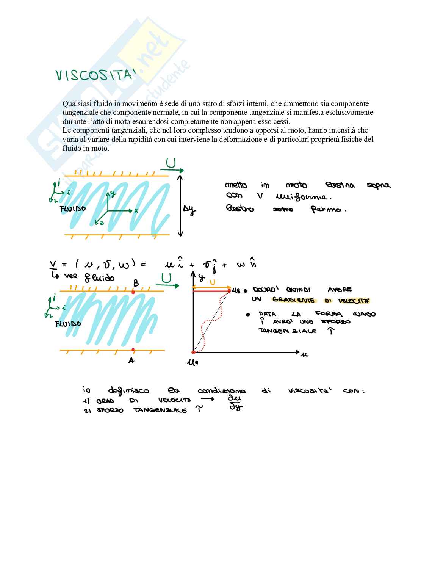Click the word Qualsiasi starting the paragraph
point(75,104)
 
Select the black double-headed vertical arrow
point(180,205)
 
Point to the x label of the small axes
point(136,210)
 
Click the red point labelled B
point(133,292)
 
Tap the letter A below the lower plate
point(131,361)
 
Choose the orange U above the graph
point(213,282)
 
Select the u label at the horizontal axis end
point(304,355)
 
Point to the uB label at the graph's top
point(236,291)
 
